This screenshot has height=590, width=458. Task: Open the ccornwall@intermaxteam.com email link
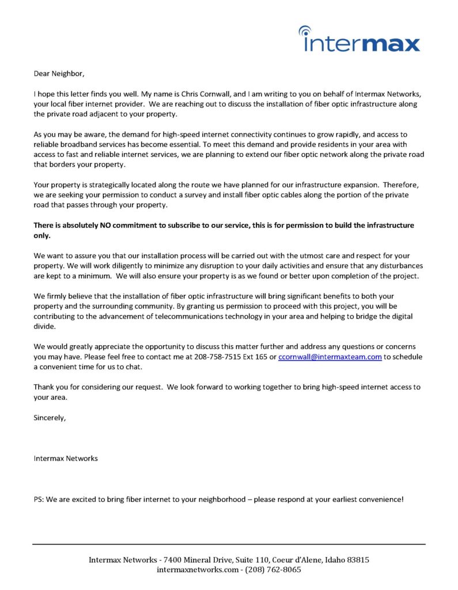pyautogui.click(x=330, y=357)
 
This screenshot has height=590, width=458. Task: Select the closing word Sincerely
pyautogui.click(x=50, y=418)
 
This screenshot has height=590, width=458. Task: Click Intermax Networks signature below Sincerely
pyautogui.click(x=66, y=459)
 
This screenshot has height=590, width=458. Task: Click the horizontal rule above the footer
pyautogui.click(x=229, y=544)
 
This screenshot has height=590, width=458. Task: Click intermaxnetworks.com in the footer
pyautogui.click(x=197, y=570)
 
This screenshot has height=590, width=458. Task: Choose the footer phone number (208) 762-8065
pyautogui.click(x=273, y=570)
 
